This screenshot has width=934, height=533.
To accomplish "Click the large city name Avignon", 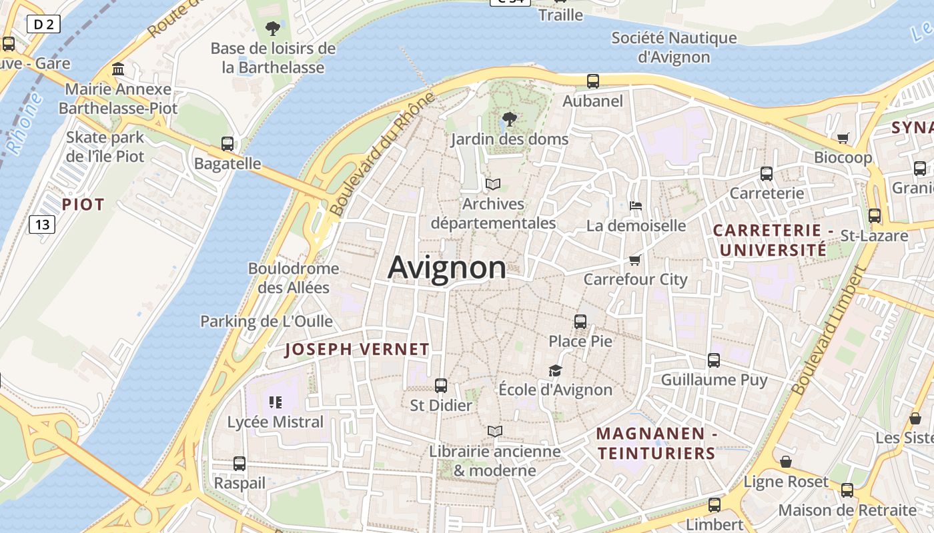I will click(x=446, y=268).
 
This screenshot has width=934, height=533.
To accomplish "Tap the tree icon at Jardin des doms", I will click(x=509, y=120).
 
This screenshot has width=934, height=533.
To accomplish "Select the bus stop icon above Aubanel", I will click(x=592, y=81).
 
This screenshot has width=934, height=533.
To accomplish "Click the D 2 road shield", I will click(x=44, y=25).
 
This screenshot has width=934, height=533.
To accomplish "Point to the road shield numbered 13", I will click(x=42, y=225).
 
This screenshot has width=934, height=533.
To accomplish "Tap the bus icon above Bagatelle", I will click(x=227, y=143).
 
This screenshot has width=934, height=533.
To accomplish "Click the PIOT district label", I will click(x=83, y=205).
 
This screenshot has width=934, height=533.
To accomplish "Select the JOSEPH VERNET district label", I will click(x=357, y=349).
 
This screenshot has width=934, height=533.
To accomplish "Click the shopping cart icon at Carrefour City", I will click(x=634, y=260).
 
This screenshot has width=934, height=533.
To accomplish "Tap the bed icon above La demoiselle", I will click(x=636, y=206).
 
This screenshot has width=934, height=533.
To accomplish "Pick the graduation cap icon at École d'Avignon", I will click(x=555, y=370).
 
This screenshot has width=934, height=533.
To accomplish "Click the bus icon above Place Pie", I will click(x=580, y=322).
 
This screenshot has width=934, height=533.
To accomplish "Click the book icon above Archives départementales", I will click(x=493, y=184).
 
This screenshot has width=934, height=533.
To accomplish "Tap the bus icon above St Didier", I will click(x=440, y=385).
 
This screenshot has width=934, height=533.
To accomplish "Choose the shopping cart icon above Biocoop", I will click(x=843, y=138).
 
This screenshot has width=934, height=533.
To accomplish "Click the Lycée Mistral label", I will click(x=276, y=422).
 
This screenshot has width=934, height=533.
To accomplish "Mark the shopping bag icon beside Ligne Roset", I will click(x=786, y=462).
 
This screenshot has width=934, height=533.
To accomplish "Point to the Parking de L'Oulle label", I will click(x=267, y=321).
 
